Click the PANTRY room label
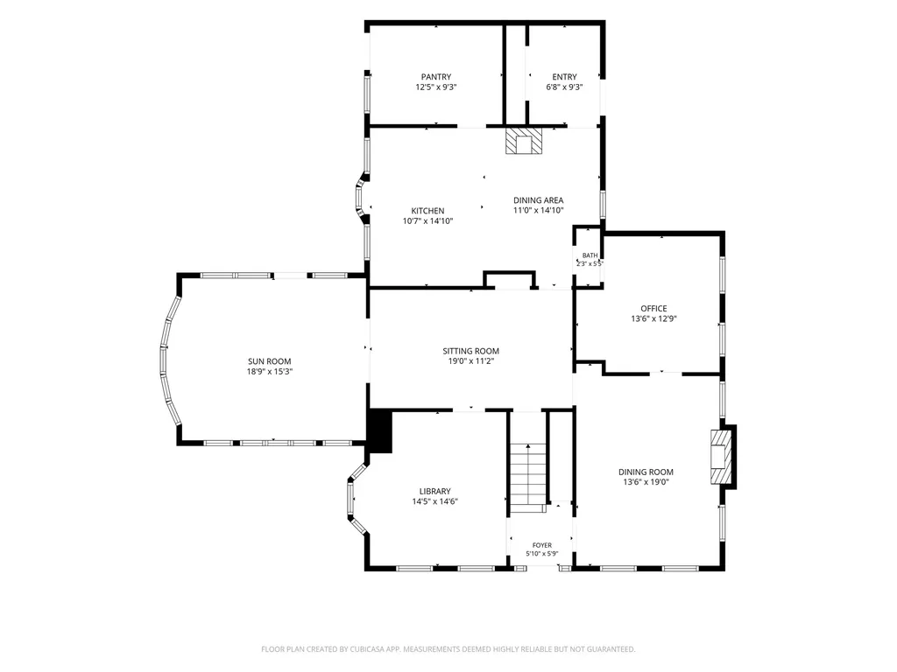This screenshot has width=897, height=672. click(436, 77)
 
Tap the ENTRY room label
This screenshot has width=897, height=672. click(565, 77)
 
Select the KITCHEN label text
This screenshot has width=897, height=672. click(427, 210)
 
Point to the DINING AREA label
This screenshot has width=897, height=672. click(539, 200)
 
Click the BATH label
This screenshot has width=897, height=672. click(590, 255)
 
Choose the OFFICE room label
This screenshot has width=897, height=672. click(653, 308)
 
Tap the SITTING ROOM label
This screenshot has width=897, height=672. click(470, 351)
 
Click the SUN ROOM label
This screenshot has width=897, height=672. click(270, 361)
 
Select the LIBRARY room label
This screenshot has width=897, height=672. click(434, 491)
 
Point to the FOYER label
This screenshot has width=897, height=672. click(542, 545)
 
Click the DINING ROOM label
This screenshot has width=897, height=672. click(646, 472)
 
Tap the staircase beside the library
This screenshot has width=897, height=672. click(528, 478)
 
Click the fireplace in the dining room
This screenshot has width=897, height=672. click(721, 457)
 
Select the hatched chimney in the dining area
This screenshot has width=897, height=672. click(524, 141)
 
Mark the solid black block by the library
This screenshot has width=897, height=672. click(379, 430)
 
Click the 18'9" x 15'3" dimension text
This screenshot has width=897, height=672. click(270, 371)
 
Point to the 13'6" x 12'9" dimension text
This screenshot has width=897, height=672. click(653, 318)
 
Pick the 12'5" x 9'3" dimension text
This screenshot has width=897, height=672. click(436, 87)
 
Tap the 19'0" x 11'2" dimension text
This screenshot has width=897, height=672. click(470, 361)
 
